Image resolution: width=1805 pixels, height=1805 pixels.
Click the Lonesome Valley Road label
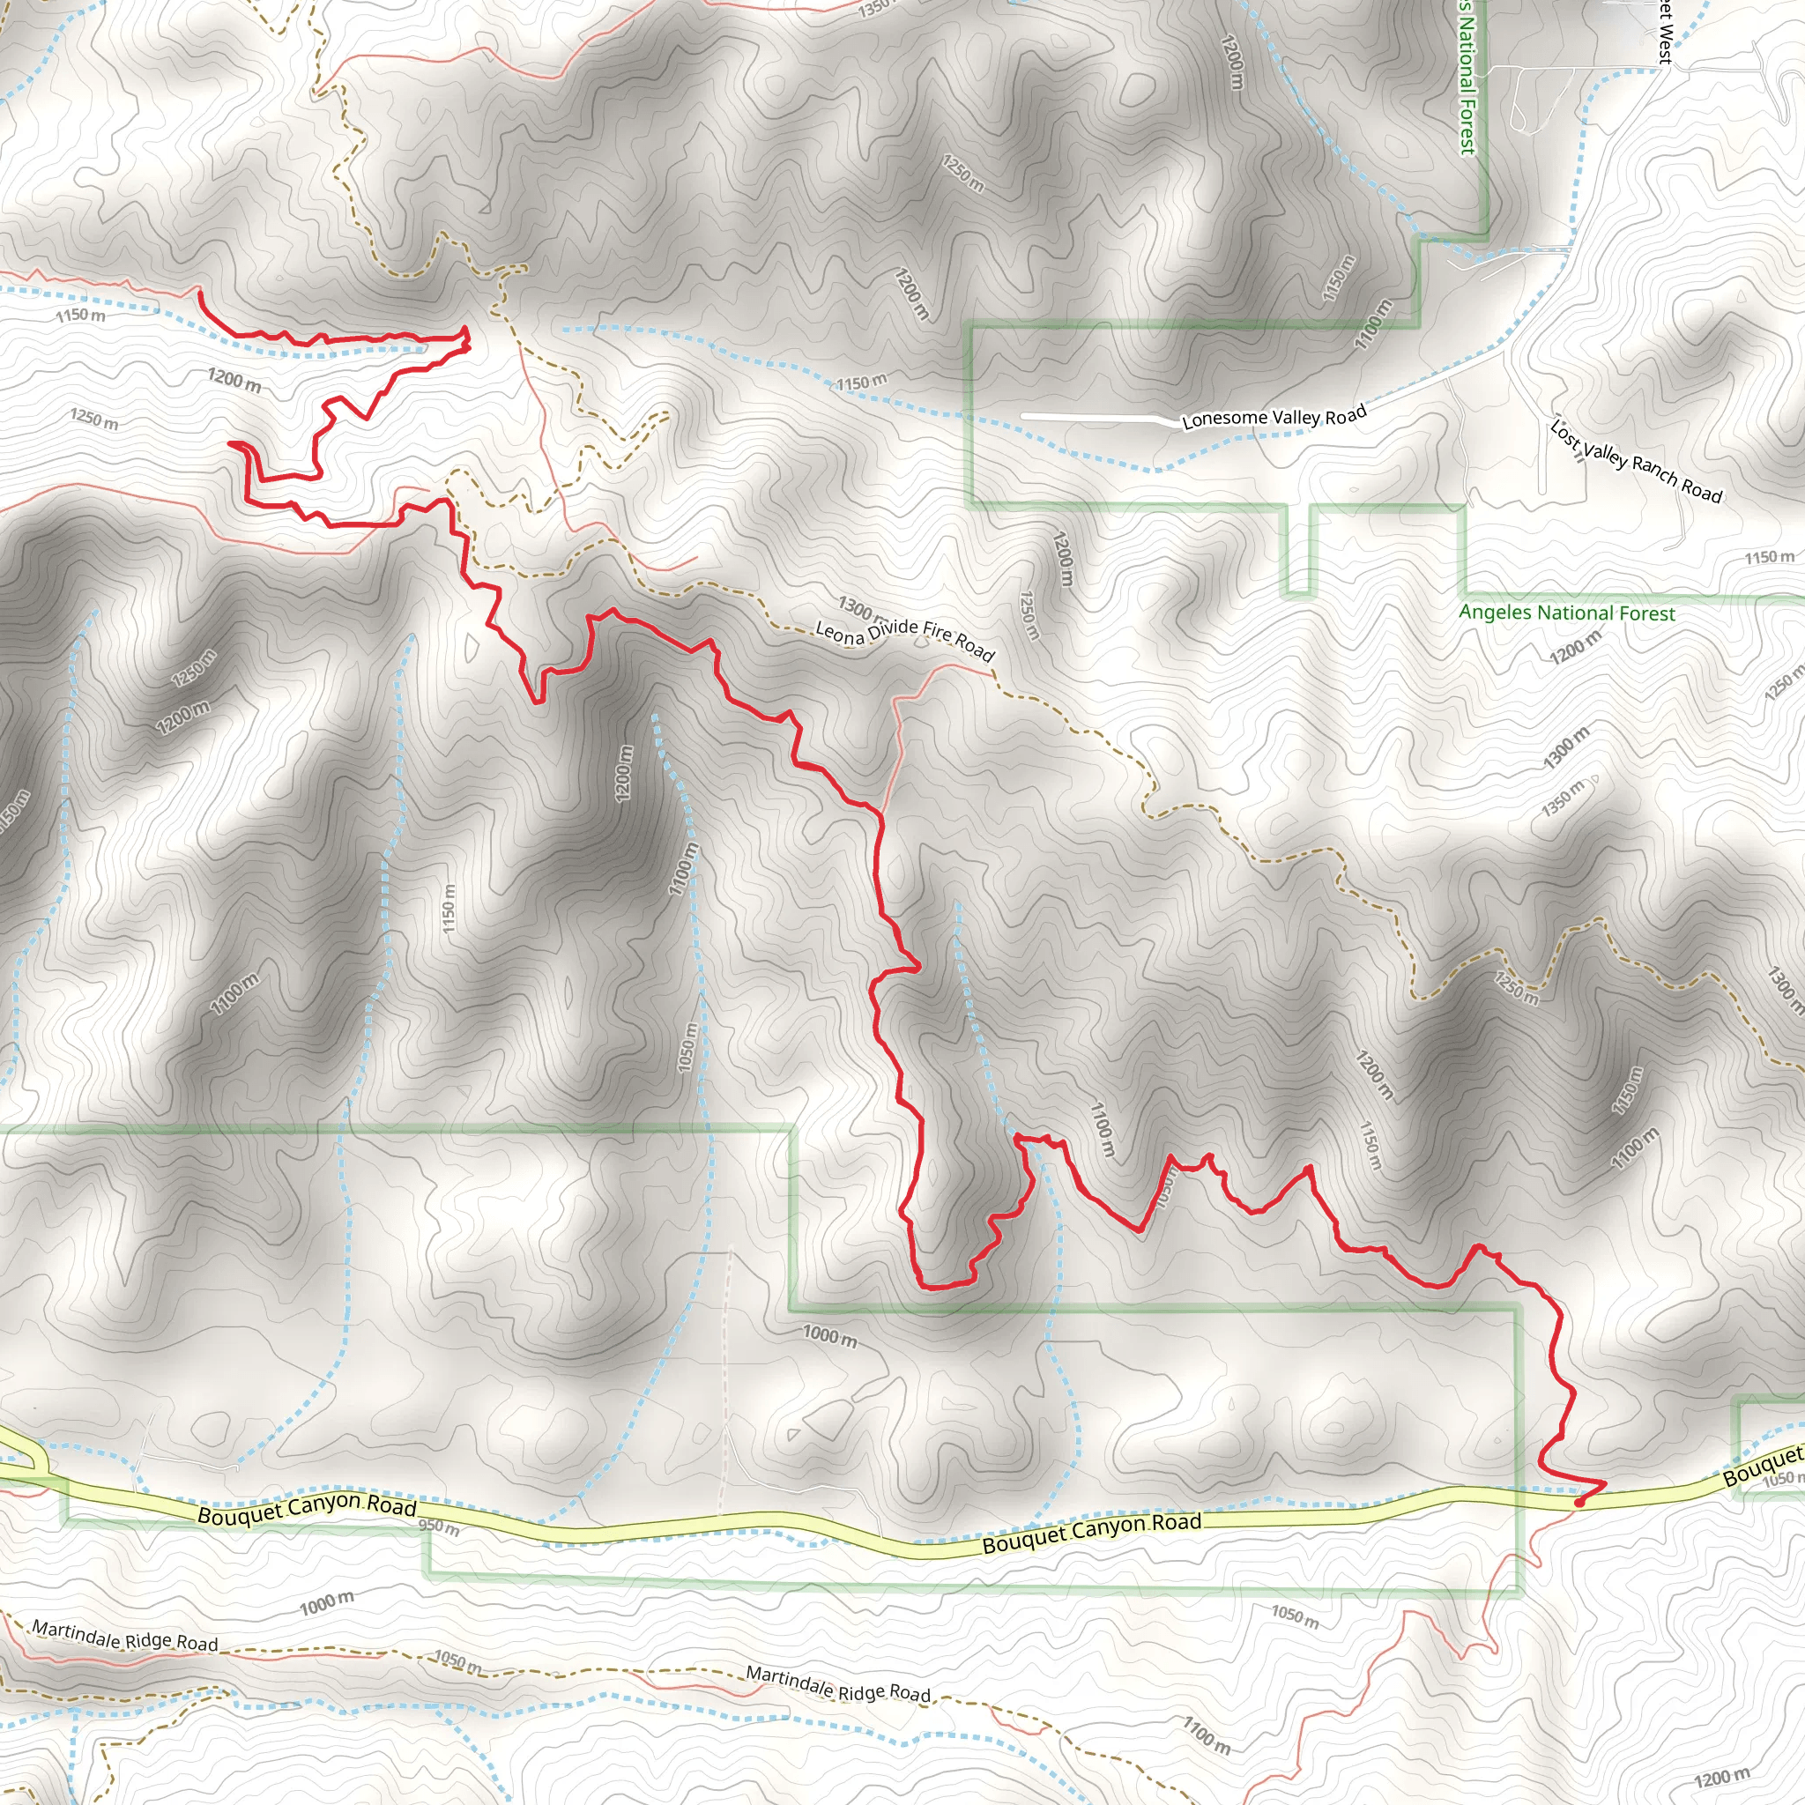1274,417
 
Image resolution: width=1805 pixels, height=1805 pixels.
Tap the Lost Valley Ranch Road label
1635,462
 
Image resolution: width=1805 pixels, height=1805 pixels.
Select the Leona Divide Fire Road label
904,639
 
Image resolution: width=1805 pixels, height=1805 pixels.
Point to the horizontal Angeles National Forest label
1567,613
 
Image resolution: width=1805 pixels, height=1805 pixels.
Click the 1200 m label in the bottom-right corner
1721,1776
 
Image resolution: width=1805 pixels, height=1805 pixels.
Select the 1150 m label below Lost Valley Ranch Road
1769,558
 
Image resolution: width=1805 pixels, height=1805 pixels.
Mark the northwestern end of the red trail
199,293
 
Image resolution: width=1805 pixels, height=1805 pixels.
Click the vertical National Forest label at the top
1467,79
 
